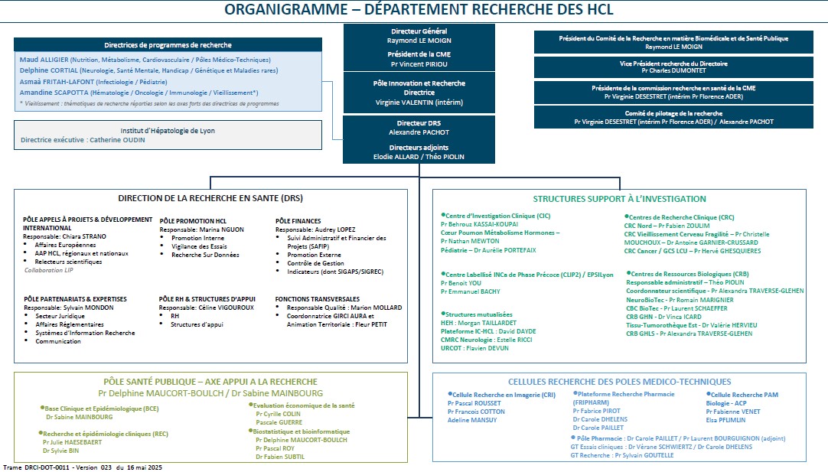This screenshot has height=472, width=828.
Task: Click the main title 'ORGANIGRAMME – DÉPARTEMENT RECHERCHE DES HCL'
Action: pos(419,10)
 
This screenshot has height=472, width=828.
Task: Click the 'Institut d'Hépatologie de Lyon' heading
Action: pos(168,131)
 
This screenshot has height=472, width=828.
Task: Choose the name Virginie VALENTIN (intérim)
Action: pos(418,102)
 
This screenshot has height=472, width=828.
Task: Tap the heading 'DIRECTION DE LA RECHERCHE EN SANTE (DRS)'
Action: pos(210,197)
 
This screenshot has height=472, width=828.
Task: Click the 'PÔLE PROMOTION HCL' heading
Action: pos(193,220)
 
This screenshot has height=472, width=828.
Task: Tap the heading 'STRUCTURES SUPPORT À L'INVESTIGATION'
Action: pos(619,198)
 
